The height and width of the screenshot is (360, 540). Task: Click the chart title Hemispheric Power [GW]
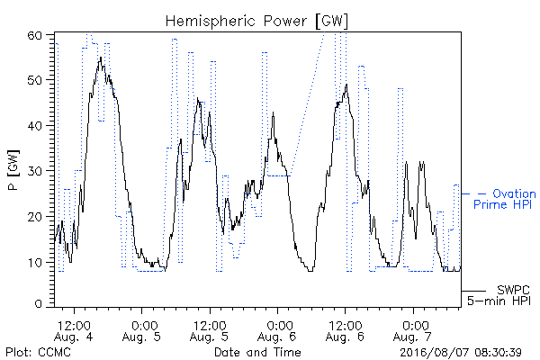point(256,22)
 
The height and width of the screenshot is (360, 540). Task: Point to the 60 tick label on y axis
point(34,35)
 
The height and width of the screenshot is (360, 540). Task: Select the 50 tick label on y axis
point(34,80)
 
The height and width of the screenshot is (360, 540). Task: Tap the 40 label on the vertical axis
point(34,126)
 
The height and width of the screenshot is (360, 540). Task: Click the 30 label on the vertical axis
point(34,171)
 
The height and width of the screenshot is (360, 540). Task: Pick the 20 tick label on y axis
point(34,217)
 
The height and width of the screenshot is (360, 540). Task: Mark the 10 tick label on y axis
point(35,263)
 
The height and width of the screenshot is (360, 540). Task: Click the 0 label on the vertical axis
point(38,304)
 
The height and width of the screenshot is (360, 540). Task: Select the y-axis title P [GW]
point(13,170)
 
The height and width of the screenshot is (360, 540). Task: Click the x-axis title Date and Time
point(257,352)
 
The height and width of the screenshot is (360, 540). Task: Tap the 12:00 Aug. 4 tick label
point(74,331)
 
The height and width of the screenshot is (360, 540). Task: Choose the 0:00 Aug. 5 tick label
point(141,331)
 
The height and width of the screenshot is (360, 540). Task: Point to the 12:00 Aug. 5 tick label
point(209,331)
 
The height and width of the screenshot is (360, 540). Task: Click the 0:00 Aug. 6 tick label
point(277,331)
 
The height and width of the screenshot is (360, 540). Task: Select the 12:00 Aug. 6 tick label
point(345,331)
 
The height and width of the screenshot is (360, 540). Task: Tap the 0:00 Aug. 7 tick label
point(412,331)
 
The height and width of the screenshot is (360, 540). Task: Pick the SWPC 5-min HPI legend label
point(499,295)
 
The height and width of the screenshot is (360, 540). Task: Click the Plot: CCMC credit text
point(38,352)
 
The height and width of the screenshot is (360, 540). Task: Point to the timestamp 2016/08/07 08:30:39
point(461,353)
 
